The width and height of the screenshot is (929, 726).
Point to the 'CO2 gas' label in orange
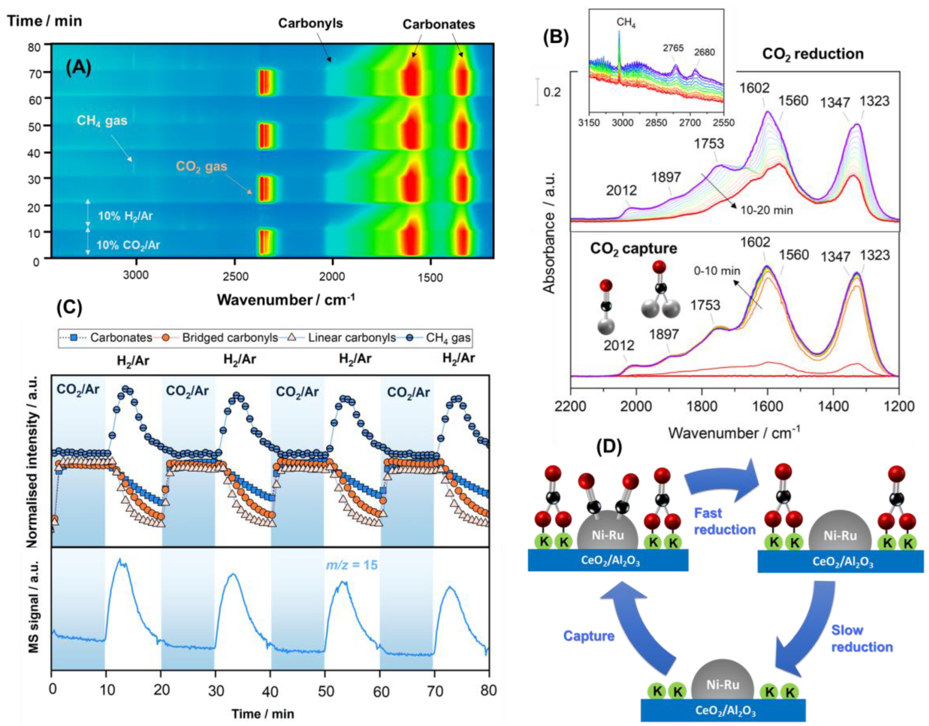click(201, 166)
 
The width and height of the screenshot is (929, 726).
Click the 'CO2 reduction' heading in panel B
click(813, 54)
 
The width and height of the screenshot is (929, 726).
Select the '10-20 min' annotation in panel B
click(766, 210)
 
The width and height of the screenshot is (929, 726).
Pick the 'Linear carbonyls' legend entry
click(352, 338)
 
